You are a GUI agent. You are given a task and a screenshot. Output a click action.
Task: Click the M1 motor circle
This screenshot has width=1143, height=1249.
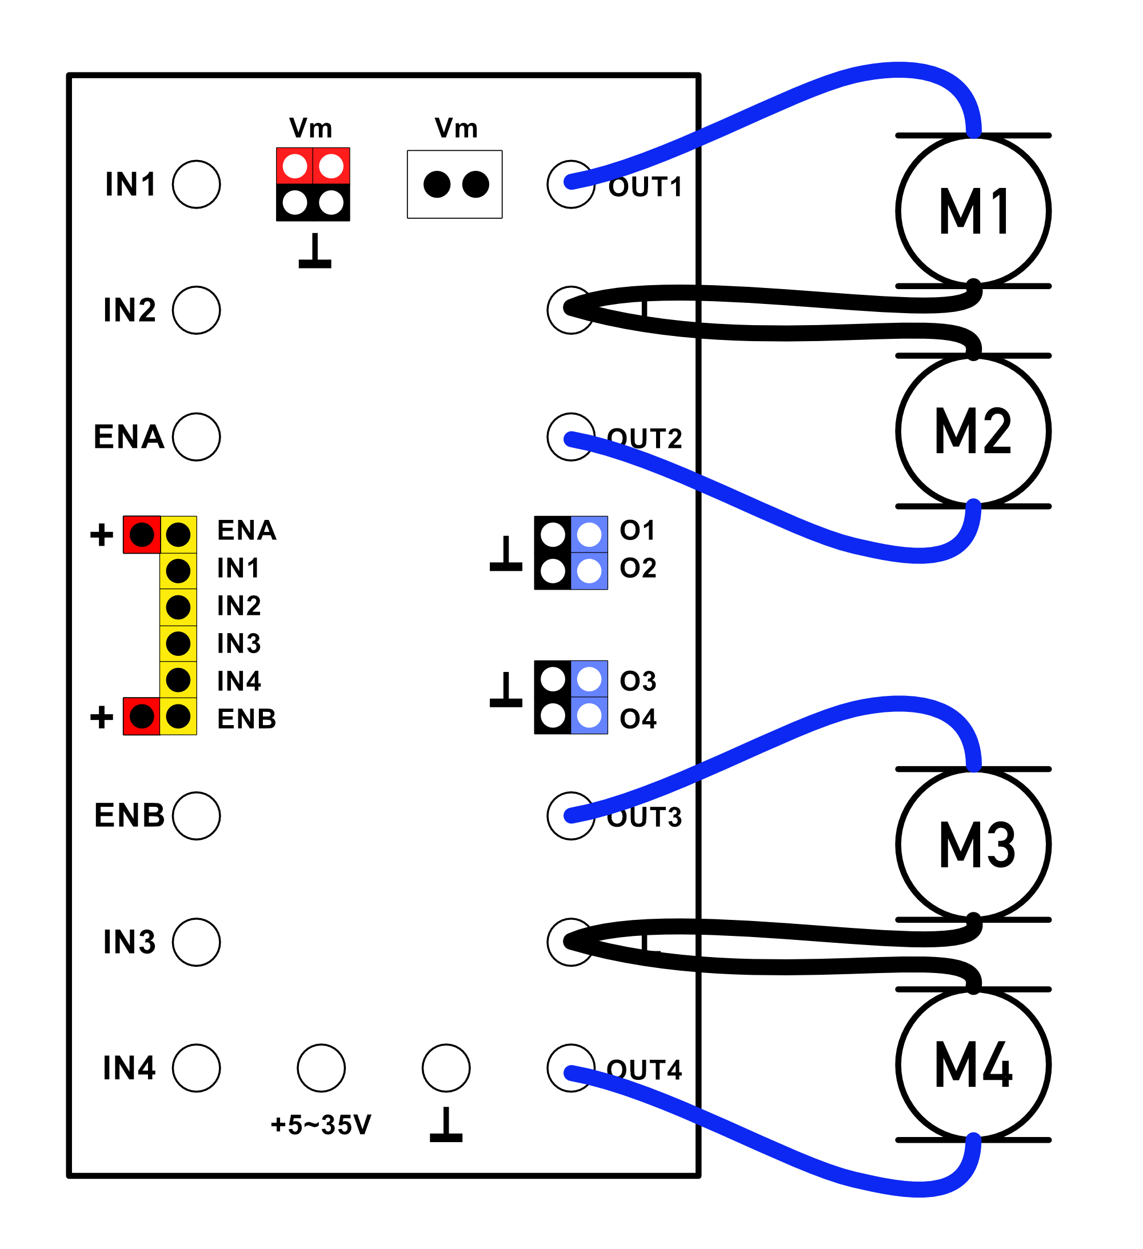click(x=973, y=211)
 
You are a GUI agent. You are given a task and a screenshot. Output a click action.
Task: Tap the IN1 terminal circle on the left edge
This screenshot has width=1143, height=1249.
click(x=197, y=185)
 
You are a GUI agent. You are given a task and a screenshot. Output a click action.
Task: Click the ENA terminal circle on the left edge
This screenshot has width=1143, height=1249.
click(x=197, y=437)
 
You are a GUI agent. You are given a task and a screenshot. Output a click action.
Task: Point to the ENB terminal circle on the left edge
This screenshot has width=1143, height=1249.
click(x=197, y=816)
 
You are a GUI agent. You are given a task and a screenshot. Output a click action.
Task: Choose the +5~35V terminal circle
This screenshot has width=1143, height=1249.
click(x=321, y=1068)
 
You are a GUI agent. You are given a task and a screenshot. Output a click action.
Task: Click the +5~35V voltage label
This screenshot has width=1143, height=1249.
click(x=321, y=1124)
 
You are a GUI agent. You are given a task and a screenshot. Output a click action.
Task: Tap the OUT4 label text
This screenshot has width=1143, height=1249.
click(x=645, y=1070)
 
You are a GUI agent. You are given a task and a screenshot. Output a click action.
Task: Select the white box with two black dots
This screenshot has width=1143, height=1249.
click(x=454, y=185)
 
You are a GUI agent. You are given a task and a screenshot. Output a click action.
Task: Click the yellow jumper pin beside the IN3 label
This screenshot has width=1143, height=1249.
click(x=178, y=644)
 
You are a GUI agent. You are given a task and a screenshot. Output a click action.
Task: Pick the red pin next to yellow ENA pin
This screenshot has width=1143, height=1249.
click(x=142, y=535)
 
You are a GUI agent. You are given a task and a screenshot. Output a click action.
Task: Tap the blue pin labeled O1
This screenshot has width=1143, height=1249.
click(x=589, y=535)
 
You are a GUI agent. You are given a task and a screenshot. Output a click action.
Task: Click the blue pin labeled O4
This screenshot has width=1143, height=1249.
click(x=589, y=716)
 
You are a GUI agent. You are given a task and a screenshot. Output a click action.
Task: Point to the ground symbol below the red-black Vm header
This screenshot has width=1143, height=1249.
click(x=315, y=251)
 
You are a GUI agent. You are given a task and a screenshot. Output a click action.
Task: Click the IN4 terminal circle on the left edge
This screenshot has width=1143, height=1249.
click(x=197, y=1068)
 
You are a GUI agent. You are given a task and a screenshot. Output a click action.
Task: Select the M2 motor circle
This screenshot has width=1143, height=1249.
click(x=973, y=431)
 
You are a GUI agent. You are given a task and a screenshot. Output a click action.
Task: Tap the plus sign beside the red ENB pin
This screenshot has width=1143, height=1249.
click(x=102, y=718)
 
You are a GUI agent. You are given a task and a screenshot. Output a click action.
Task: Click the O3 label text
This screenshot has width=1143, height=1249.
click(x=638, y=681)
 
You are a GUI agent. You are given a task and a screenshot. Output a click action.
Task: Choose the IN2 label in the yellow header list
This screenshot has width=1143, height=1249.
click(x=239, y=606)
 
